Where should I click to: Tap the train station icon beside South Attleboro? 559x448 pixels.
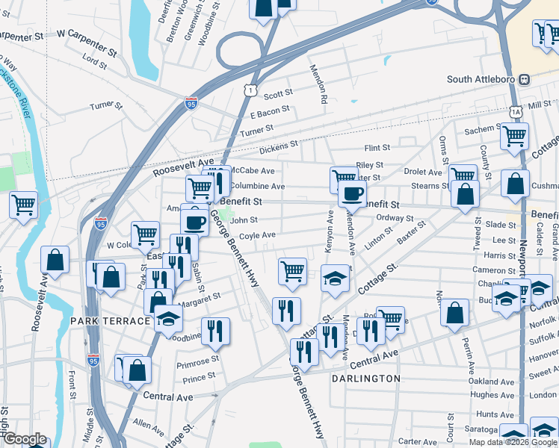coord(525,79)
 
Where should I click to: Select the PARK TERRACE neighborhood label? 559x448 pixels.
coord(111,321)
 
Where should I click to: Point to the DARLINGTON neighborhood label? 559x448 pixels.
coord(366,379)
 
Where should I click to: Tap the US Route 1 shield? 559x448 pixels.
coord(250,89)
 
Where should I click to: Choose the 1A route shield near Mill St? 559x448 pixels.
coord(516,111)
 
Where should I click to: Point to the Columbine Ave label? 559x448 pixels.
coord(257,186)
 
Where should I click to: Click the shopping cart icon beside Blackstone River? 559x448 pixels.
coord(23,203)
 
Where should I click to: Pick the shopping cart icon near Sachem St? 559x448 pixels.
coord(514,137)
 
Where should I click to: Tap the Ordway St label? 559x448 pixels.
coord(395,218)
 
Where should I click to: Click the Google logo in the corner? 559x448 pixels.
coord(24,439)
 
